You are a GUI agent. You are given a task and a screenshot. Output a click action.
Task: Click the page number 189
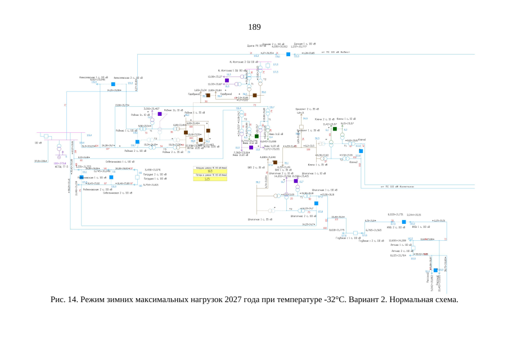coord(254,26)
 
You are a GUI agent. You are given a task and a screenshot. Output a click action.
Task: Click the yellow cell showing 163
coord(211,171)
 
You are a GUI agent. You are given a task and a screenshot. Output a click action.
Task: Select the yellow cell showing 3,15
coord(211,179)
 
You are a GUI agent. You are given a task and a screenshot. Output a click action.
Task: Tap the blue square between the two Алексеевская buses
coord(113,84)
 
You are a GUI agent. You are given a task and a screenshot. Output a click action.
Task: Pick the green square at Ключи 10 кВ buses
coord(335,129)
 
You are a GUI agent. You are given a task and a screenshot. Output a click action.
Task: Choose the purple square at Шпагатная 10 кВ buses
coord(296,181)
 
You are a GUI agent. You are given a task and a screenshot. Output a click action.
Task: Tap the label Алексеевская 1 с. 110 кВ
coord(92,77)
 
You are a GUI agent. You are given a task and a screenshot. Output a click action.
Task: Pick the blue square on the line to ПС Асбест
coord(287,54)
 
